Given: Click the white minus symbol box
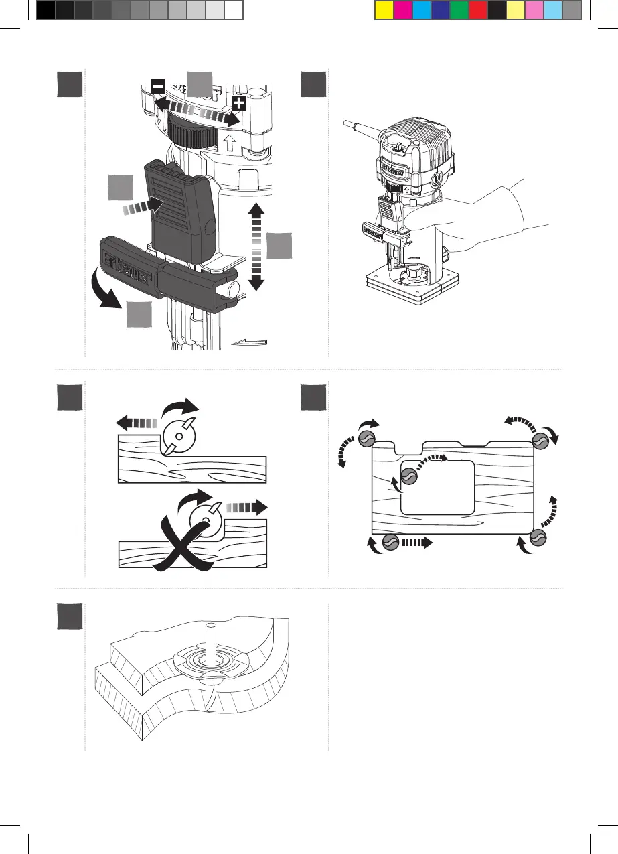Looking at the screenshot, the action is (x=158, y=86).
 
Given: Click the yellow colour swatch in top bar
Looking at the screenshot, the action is (x=383, y=10).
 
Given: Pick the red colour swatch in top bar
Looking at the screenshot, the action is (x=477, y=10).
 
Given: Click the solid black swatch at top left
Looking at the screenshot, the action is (x=46, y=10).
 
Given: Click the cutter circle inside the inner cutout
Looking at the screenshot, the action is (x=409, y=476).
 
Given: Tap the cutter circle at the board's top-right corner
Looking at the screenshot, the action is (x=541, y=440).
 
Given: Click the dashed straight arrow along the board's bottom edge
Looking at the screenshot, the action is (x=419, y=542).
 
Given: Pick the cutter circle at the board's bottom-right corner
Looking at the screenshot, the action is (x=538, y=537).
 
